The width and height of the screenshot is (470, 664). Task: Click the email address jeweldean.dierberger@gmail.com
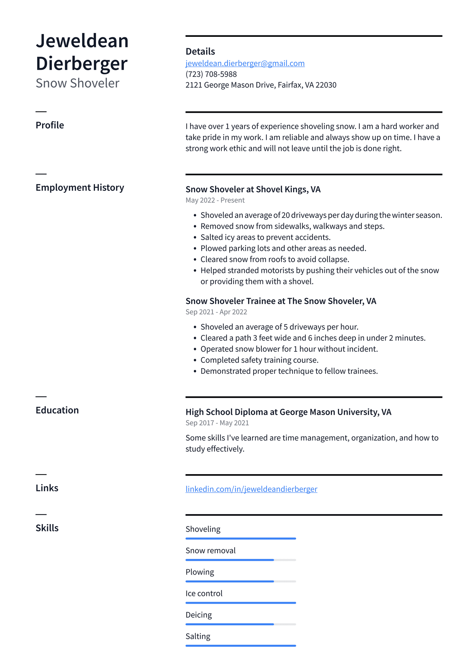(x=245, y=63)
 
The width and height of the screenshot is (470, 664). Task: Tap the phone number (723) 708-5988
(x=211, y=74)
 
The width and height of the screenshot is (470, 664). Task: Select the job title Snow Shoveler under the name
(x=77, y=83)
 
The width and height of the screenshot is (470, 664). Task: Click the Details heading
(x=200, y=52)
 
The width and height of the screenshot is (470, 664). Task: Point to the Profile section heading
(x=50, y=125)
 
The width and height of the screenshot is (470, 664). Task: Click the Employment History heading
(x=80, y=188)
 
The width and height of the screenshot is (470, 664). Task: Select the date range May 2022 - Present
(x=215, y=200)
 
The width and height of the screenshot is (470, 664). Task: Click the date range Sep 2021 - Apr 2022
(x=216, y=312)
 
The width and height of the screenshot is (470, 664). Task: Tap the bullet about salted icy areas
(x=265, y=237)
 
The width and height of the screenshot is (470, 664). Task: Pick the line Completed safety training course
(x=259, y=360)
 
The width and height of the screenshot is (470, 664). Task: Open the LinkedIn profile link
(x=251, y=489)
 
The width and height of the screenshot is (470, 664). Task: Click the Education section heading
(x=57, y=410)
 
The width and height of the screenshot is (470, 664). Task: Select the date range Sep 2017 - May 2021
(x=217, y=423)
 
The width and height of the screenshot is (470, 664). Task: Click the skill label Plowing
(x=200, y=572)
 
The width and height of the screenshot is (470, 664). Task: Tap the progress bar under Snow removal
(x=241, y=560)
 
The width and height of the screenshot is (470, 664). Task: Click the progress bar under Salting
(x=241, y=646)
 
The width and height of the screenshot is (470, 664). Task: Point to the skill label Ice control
(x=204, y=594)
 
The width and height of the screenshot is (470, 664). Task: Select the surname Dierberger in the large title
(x=82, y=64)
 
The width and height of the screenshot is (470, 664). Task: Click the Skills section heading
(x=47, y=528)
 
